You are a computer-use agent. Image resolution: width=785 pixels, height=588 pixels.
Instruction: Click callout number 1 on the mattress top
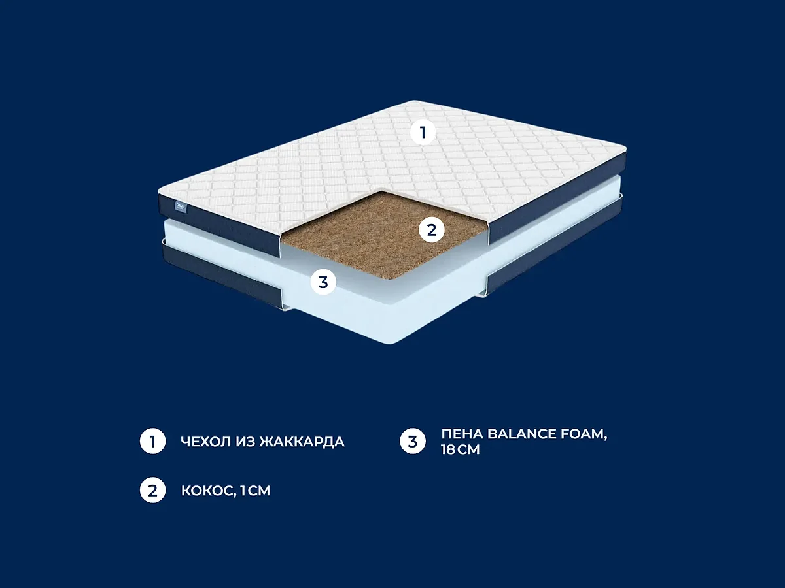423,133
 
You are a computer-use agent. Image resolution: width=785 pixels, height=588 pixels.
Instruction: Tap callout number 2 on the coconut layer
432,230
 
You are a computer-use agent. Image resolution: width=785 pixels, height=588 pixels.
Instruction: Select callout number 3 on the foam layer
323,282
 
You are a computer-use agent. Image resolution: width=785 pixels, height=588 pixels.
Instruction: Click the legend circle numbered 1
152,441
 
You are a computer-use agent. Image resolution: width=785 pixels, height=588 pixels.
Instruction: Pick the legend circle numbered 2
152,490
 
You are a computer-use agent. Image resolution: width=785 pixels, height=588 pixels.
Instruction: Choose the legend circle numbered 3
413,441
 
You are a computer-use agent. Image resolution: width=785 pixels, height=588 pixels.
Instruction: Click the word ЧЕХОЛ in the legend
205,442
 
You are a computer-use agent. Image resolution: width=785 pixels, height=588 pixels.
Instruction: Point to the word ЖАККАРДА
302,442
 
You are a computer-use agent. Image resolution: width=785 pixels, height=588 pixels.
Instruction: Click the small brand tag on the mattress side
181,207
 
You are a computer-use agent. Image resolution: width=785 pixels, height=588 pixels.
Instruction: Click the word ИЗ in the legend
244,442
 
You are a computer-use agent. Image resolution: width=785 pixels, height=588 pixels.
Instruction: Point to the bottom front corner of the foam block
391,344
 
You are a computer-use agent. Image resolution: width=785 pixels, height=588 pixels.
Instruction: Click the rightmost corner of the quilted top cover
625,148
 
